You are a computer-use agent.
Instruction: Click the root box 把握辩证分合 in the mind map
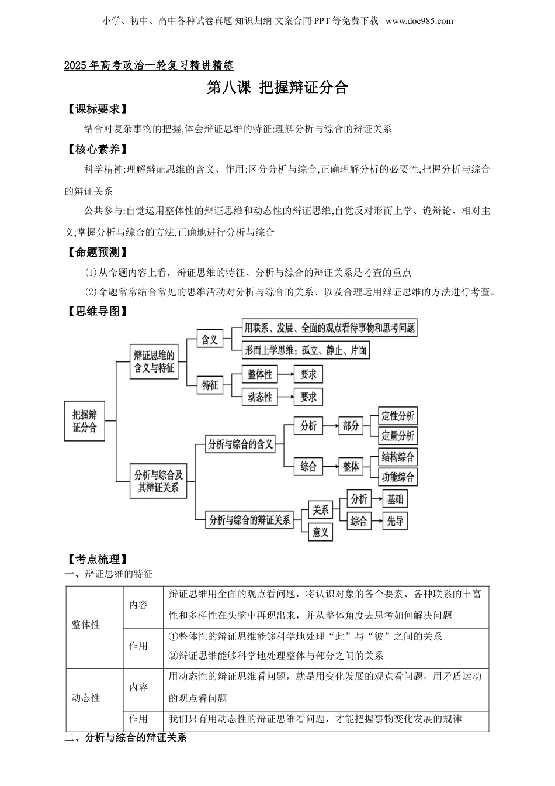[x=85, y=421]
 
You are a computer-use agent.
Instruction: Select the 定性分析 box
[x=397, y=416]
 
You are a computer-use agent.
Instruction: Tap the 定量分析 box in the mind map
[x=397, y=436]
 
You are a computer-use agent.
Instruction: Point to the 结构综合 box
[x=397, y=457]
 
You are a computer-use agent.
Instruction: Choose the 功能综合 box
[x=397, y=477]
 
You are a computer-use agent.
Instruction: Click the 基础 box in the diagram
[x=395, y=499]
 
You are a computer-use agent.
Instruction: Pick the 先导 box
[x=395, y=521]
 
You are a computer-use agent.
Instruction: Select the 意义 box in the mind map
[x=320, y=532]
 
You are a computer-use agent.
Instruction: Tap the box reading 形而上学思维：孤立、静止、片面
[x=306, y=350]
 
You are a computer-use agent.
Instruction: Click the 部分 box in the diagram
[x=351, y=426]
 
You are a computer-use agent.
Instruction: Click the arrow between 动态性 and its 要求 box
[x=286, y=397]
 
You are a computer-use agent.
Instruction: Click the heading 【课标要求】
[x=96, y=109]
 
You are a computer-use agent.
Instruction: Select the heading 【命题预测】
[x=96, y=253]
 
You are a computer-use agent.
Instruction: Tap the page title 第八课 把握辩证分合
[x=277, y=87]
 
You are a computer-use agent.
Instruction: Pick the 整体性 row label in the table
[x=86, y=625]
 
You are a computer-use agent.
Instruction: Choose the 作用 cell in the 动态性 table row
[x=138, y=719]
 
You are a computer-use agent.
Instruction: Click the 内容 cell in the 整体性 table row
[x=138, y=605]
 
